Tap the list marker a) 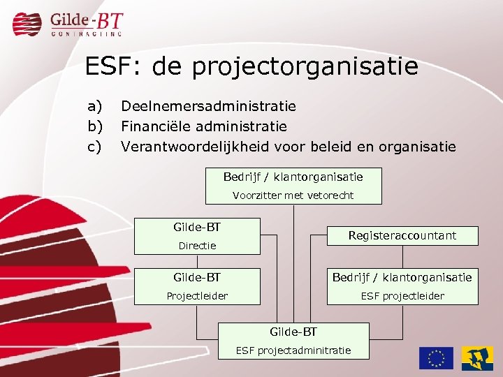click(94, 106)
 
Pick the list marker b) click(94, 126)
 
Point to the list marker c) click(94, 147)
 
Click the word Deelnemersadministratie click(208, 106)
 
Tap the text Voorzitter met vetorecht click(293, 195)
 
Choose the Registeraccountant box click(402, 236)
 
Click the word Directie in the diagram click(197, 246)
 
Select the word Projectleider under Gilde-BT click(197, 296)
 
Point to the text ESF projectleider click(402, 296)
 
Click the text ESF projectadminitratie click(293, 350)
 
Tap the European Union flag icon click(436, 357)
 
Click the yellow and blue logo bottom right click(476, 357)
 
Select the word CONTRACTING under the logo click(87, 33)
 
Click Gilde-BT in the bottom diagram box click(293, 332)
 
